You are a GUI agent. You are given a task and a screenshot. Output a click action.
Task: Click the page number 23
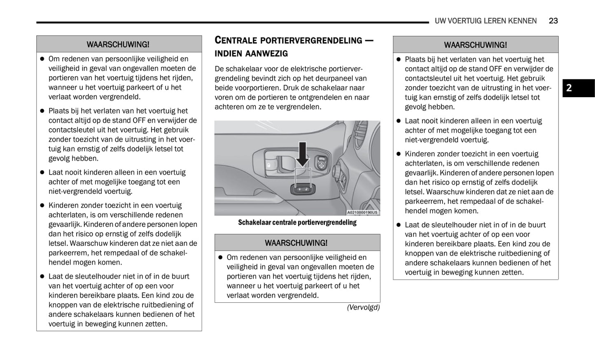553,21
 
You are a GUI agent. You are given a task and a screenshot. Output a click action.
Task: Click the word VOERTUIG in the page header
466,21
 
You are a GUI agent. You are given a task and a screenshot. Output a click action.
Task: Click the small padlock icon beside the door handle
268,165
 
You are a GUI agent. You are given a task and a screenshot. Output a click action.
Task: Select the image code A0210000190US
362,213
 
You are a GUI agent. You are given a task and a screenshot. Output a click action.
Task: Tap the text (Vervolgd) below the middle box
363,307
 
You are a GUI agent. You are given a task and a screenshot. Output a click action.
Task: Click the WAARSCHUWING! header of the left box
118,44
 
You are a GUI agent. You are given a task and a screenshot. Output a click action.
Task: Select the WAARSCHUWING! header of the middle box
296,243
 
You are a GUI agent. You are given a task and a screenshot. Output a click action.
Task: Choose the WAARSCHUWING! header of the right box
475,45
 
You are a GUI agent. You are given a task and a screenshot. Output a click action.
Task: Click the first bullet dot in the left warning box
42,59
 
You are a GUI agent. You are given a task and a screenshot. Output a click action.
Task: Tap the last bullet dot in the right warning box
398,225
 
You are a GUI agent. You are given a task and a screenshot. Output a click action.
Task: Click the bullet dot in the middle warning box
220,258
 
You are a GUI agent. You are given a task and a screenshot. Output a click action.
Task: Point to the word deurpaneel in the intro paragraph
334,79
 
